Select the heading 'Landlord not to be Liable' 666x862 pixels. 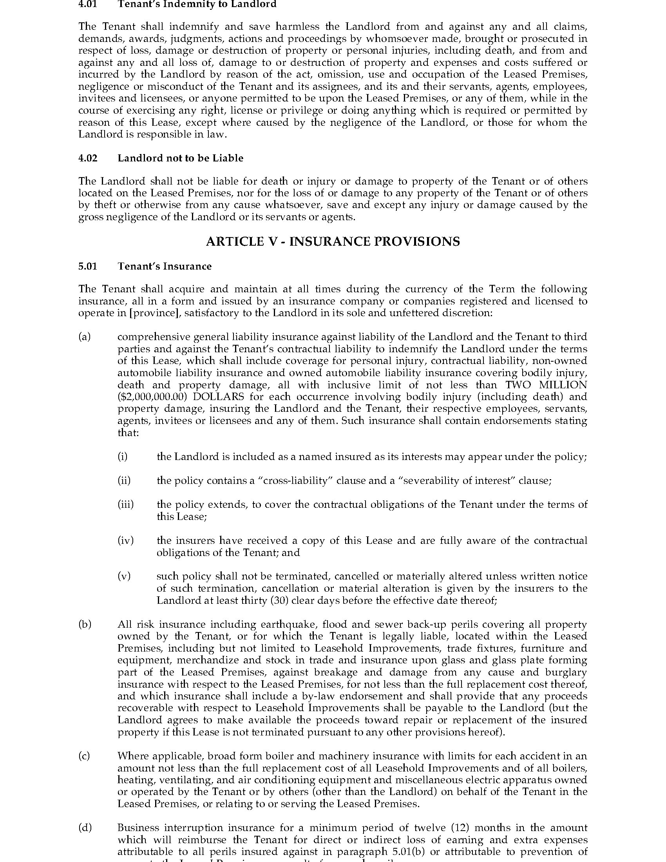point(180,158)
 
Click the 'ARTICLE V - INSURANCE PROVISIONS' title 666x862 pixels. point(333,241)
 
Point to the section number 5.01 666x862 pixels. point(87,266)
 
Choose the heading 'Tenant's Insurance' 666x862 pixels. point(165,266)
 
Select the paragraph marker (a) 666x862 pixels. point(85,337)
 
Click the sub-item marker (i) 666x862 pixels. point(122,456)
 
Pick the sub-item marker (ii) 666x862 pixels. point(124,480)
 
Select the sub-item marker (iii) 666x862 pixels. point(125,504)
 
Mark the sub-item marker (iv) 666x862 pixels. point(125,540)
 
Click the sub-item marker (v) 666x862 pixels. point(124,576)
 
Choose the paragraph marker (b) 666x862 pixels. point(85,625)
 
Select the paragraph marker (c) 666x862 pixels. point(85,756)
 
